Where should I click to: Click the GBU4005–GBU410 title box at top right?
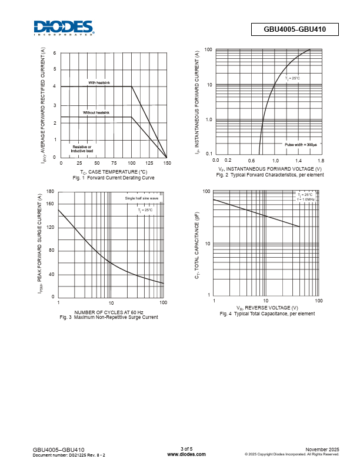pos(295,29)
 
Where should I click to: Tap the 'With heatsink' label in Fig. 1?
pos(99,82)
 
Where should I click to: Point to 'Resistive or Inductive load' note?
pos(82,148)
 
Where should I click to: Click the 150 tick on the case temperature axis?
pos(167,162)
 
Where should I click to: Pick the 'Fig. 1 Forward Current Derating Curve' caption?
pos(114,177)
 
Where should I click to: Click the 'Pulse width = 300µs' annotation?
pos(301,145)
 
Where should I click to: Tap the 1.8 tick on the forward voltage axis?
pos(321,160)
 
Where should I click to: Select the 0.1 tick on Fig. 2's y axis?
pos(209,154)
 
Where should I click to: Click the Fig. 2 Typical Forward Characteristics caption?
pos(270,175)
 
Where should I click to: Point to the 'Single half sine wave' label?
pos(142,198)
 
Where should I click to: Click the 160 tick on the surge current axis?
pos(49,204)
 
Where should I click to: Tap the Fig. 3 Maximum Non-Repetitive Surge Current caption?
pos(109,317)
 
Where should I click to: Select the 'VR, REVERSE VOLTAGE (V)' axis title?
pos(267,308)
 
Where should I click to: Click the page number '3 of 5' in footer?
pos(186,450)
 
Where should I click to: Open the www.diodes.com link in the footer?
pos(186,454)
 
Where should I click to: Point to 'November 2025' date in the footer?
pos(323,450)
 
